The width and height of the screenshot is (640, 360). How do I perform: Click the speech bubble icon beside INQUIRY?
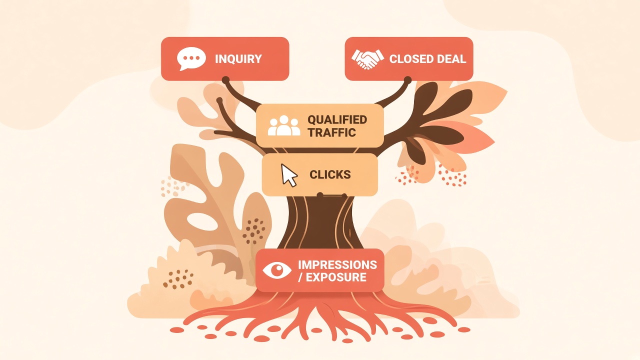191,58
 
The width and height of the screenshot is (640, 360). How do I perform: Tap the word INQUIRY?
238,59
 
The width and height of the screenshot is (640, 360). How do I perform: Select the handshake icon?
367,59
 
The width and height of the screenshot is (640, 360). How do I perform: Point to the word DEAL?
451,59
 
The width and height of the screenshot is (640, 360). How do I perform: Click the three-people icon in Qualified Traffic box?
284,125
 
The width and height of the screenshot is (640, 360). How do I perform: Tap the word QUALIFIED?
337,119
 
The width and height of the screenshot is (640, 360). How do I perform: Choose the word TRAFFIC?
331,132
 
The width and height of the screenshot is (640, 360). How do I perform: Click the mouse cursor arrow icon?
289,175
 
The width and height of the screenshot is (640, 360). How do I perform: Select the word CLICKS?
330,174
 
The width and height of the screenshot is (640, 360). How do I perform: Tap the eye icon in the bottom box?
277,270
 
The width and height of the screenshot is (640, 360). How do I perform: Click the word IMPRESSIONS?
337,265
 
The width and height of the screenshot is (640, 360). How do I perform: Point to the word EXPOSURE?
336,277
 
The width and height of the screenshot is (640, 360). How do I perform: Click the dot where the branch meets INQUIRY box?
225,79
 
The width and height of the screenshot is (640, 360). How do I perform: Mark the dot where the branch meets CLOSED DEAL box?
407,80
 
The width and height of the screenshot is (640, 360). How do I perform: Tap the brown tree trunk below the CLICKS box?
320,223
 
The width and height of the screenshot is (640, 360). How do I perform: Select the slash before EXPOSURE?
300,277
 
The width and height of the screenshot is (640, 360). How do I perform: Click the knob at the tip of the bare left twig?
219,100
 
